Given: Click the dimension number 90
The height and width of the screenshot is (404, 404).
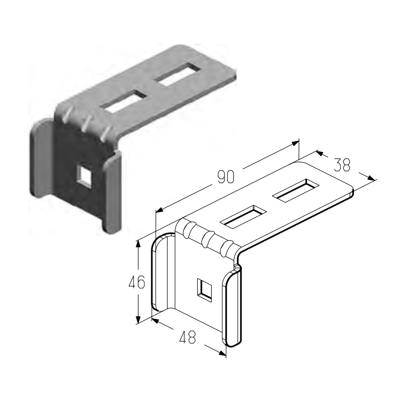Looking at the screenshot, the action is click(x=226, y=177).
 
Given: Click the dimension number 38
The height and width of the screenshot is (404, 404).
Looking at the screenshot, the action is click(x=342, y=164).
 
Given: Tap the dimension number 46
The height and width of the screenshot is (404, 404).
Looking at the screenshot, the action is click(x=137, y=282).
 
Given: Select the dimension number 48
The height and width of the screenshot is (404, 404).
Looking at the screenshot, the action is click(x=187, y=337).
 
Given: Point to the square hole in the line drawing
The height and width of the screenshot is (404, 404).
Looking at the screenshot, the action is click(x=204, y=290).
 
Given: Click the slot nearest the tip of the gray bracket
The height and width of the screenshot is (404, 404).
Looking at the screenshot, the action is click(x=178, y=74).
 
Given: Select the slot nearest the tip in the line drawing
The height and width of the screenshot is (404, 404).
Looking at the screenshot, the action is click(x=296, y=190).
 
